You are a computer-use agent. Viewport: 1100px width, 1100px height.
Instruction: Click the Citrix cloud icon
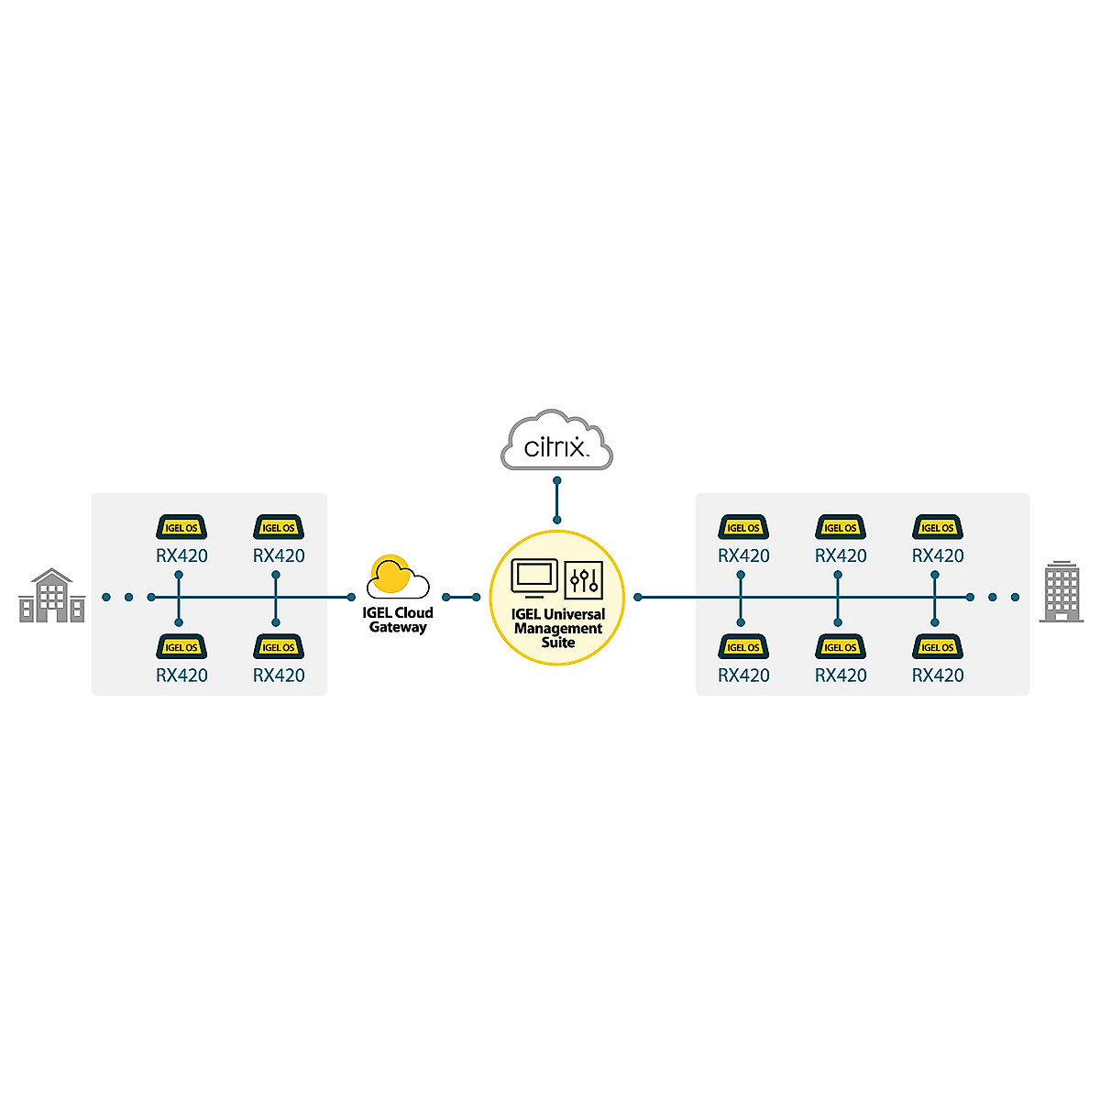point(556,440)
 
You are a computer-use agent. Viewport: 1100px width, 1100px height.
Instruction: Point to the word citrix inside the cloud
point(554,447)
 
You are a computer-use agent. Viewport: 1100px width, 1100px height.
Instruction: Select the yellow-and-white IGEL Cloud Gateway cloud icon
point(397,577)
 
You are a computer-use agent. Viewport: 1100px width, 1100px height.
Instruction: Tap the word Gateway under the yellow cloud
point(398,628)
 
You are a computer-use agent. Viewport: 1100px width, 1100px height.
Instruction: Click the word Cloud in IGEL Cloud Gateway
point(413,612)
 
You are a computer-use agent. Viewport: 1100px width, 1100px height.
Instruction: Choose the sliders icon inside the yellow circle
point(584,579)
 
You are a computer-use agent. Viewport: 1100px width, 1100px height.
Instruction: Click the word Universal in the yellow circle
point(575,614)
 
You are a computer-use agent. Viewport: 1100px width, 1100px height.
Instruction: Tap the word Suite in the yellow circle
point(557,643)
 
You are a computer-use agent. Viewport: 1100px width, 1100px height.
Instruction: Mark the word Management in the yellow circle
point(558,629)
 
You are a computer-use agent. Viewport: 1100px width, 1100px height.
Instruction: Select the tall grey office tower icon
point(1061,591)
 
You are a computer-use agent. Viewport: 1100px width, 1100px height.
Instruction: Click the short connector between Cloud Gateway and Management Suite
point(461,598)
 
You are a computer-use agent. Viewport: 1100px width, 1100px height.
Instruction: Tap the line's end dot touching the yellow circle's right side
point(638,598)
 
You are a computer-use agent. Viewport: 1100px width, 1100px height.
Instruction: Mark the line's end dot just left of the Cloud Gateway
point(351,598)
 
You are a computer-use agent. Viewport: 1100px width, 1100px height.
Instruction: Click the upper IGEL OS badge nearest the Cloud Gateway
point(279,527)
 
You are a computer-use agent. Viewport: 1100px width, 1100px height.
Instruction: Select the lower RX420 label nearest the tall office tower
point(938,676)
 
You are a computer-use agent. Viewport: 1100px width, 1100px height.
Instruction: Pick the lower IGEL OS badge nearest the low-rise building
point(181,646)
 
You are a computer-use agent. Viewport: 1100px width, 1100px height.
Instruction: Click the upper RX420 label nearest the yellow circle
point(743,555)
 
